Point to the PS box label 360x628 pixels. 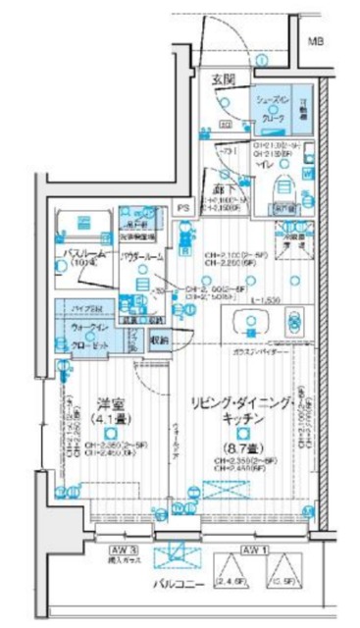[182, 208]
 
